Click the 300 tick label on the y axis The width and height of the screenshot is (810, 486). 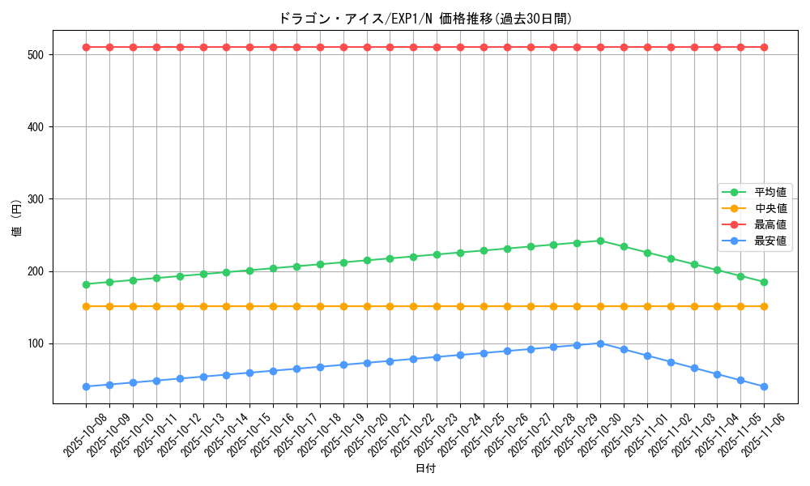coord(37,199)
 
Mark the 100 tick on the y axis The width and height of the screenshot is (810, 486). coord(37,343)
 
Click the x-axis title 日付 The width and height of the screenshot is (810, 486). coord(425,469)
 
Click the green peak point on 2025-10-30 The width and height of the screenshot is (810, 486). coord(600,241)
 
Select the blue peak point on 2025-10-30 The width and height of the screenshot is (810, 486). coord(600,343)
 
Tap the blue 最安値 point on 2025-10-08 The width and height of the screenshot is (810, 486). coord(86,386)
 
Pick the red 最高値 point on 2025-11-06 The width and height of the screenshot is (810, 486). coord(764,47)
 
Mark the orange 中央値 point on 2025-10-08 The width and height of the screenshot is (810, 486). coord(86,306)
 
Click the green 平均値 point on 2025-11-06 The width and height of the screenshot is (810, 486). coord(764,282)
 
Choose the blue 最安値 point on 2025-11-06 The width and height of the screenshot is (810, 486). coord(764,386)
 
